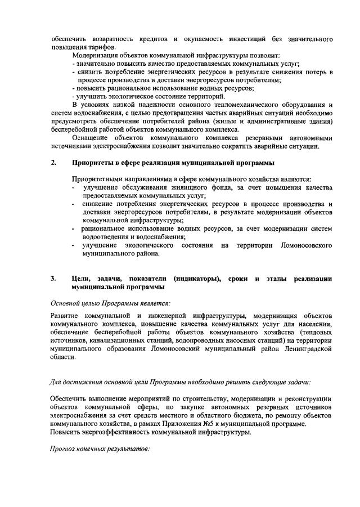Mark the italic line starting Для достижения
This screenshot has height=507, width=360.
(180, 382)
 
